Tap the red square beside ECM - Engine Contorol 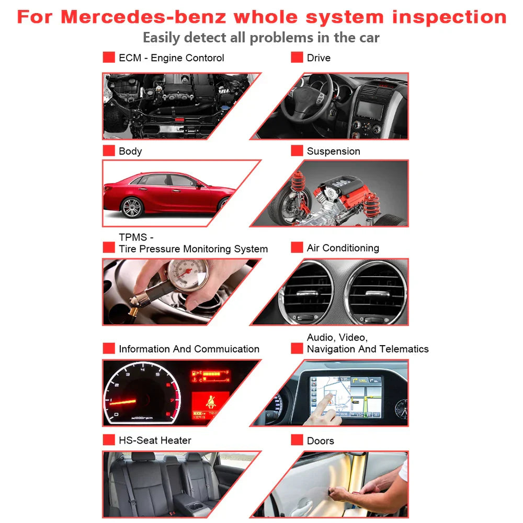tap(109, 58)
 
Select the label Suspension tap(333, 151)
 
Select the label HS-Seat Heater tap(155, 440)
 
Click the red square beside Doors tap(297, 440)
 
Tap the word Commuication tap(226, 349)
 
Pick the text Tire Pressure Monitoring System tap(193, 249)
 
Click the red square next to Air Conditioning tap(297, 247)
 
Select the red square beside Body tap(109, 151)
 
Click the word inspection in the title tap(449, 17)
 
